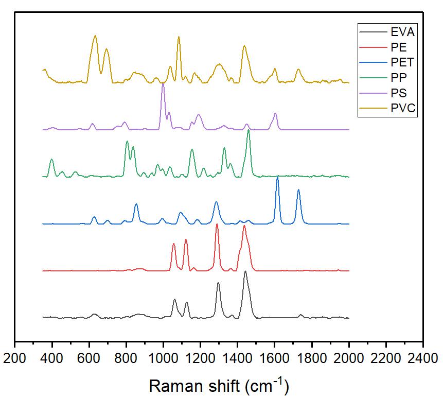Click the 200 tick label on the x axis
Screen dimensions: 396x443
click(15, 358)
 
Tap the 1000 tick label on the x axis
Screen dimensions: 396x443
click(163, 358)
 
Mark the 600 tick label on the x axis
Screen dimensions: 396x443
click(89, 358)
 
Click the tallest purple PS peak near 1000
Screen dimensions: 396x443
click(163, 83)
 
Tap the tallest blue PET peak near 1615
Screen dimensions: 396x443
click(277, 177)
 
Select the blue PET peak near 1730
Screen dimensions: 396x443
click(298, 190)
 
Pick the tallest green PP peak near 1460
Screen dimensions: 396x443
click(249, 131)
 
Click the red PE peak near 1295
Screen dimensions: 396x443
click(217, 225)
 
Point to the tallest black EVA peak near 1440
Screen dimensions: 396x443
click(245, 271)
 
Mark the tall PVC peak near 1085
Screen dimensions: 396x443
click(179, 37)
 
